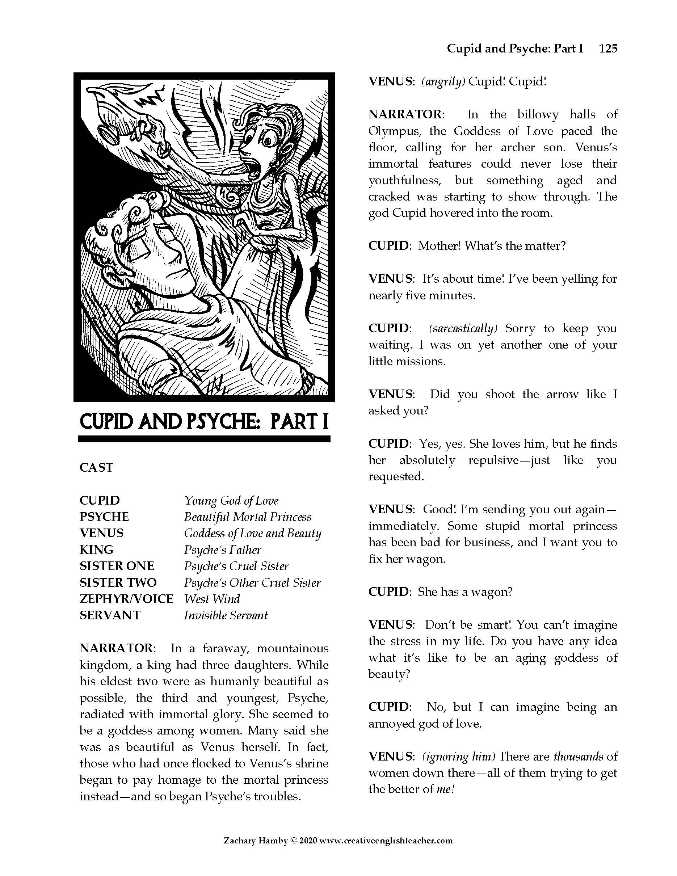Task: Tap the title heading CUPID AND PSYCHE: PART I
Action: [204, 422]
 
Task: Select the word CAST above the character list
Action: [96, 468]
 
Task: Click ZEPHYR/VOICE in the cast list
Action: [126, 599]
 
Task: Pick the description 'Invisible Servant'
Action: [226, 615]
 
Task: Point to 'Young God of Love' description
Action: [231, 501]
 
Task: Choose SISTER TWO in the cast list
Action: [118, 582]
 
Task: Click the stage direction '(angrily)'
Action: [443, 82]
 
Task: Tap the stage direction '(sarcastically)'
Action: [463, 329]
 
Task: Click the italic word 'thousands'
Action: [578, 757]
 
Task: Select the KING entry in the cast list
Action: [97, 549]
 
